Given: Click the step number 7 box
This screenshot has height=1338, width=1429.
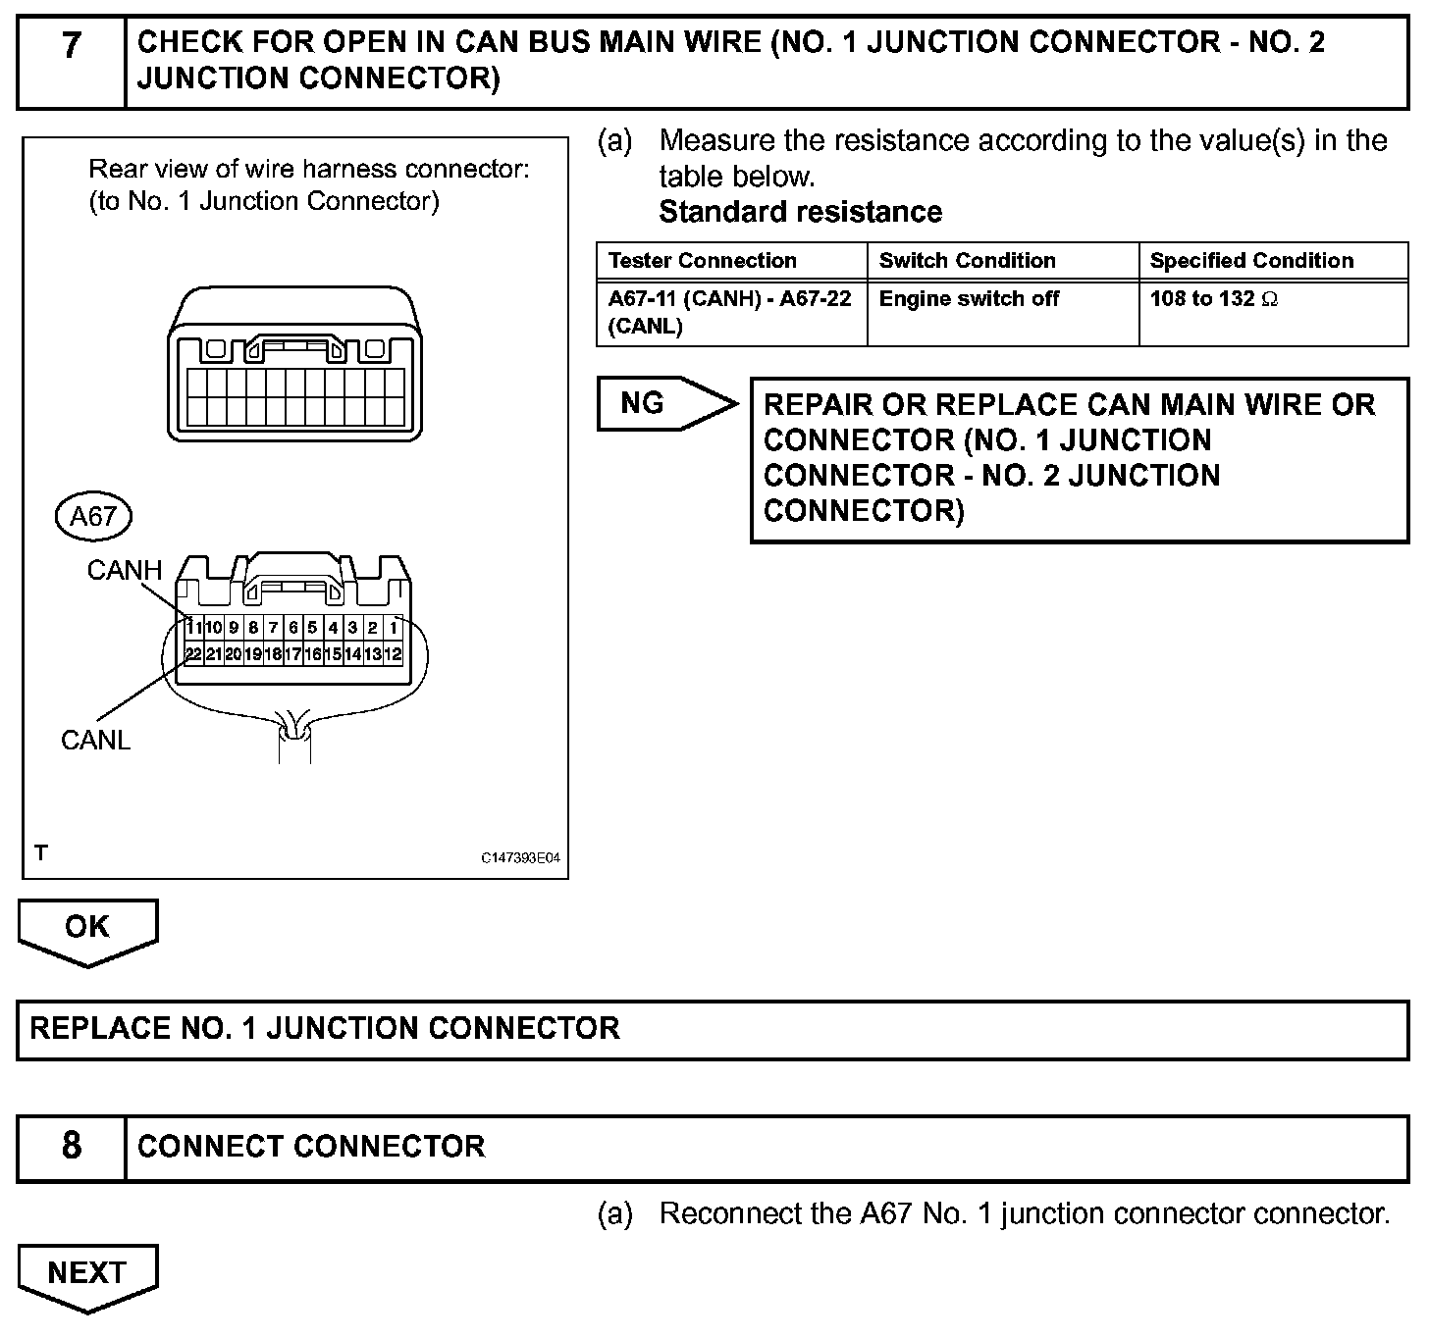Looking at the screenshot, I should tap(72, 61).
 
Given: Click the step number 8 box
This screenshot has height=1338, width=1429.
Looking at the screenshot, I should tap(72, 1147).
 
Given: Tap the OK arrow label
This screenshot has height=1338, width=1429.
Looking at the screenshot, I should tap(87, 928).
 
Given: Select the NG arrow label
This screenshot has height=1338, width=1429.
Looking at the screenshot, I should tap(644, 403).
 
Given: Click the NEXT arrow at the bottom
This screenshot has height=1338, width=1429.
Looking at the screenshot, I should tap(87, 1273).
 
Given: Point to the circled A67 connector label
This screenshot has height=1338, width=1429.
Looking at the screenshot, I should tap(93, 516).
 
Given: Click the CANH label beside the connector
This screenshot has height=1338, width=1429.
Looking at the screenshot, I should tap(124, 570).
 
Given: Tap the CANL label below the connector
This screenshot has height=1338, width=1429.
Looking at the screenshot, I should tap(95, 741).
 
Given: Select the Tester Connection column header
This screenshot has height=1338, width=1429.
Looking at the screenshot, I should tap(702, 261).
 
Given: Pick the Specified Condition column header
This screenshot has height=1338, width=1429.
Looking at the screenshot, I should tap(1251, 261).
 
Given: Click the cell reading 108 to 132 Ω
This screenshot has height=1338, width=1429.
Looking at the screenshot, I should tap(1214, 299).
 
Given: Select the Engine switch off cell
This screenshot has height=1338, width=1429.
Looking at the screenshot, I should tap(969, 299).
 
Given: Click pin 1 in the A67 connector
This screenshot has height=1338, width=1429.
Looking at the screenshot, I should tap(394, 628).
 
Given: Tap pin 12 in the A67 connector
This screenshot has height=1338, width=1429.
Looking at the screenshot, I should tap(393, 654).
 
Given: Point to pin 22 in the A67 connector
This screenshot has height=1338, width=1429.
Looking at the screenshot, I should tap(193, 654).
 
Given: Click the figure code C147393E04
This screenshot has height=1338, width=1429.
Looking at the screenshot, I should tap(520, 858).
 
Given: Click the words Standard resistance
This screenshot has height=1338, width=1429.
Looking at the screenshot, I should tap(800, 212).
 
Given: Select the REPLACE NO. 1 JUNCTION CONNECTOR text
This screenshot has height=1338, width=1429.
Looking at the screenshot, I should tap(325, 1029).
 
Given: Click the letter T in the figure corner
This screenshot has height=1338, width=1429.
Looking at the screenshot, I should tap(41, 853).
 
